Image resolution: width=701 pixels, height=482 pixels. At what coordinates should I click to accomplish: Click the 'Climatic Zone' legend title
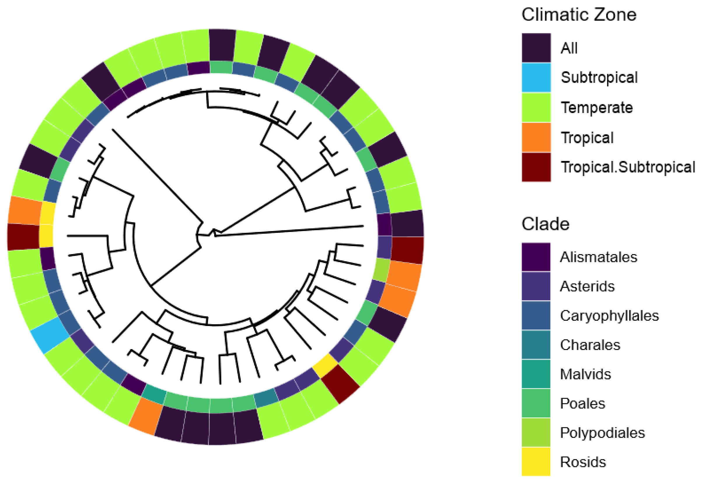(x=579, y=15)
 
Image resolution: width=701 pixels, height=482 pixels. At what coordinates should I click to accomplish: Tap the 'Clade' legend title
(x=545, y=224)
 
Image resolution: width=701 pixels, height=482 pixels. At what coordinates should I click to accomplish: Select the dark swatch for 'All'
(x=536, y=48)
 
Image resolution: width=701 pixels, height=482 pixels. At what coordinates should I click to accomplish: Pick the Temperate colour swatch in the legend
(x=536, y=108)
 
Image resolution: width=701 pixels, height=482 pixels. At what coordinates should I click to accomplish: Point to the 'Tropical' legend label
(x=587, y=138)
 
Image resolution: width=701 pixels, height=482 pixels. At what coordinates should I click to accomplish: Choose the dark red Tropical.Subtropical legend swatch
(x=536, y=167)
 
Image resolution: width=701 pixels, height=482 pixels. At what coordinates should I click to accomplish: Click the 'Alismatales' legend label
(x=598, y=257)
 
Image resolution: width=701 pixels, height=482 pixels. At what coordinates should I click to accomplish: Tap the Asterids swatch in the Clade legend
(x=536, y=286)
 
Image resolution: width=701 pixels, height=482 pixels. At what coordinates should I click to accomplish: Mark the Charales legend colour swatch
(x=536, y=345)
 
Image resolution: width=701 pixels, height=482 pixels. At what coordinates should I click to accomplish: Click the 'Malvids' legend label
(x=585, y=374)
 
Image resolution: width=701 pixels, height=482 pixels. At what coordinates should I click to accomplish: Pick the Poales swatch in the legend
(x=536, y=403)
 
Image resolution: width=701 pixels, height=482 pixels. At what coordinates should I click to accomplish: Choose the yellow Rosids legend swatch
(x=536, y=462)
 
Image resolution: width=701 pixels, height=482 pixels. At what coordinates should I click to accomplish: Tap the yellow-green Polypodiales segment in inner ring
(x=382, y=270)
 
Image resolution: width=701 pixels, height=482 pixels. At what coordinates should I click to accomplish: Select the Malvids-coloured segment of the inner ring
(x=154, y=393)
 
